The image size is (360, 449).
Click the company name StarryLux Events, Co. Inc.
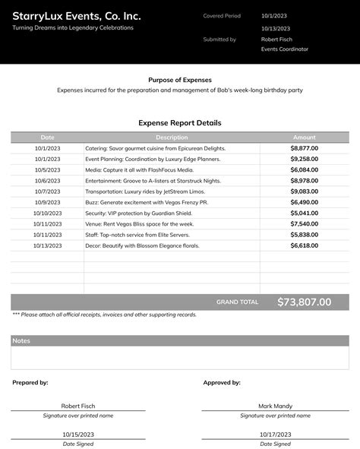click(76, 15)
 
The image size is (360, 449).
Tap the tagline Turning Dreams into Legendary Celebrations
click(73, 27)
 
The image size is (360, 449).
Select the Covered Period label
click(222, 15)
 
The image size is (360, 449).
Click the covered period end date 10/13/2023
click(276, 28)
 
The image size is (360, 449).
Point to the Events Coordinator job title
click(285, 49)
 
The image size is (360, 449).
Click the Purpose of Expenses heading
click(180, 80)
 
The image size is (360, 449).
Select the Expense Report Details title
click(180, 122)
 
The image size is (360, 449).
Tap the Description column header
click(172, 138)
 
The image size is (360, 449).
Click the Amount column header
click(304, 138)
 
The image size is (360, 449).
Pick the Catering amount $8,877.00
click(304, 148)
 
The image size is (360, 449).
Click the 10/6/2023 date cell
click(48, 181)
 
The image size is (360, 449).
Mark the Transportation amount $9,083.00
click(304, 191)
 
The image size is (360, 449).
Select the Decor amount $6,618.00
click(304, 246)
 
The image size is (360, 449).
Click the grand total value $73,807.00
click(304, 302)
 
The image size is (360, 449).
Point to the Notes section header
click(21, 341)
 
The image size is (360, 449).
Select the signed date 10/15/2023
click(78, 435)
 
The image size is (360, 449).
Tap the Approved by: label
click(222, 383)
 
